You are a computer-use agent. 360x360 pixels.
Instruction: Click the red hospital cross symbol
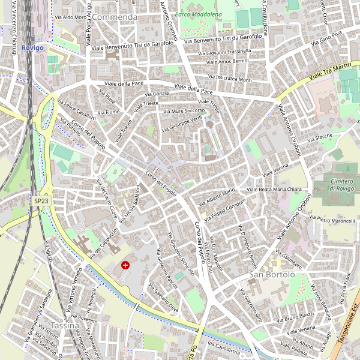[125, 265]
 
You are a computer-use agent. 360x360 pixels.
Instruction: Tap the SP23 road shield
[41, 202]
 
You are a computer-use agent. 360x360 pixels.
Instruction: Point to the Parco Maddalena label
[198, 14]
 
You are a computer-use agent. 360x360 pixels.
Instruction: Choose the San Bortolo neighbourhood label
[272, 274]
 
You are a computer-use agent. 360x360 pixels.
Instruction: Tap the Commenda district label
[115, 17]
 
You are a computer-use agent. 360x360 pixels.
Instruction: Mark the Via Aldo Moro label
[71, 17]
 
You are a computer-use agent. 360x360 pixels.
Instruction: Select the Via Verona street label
[277, 170]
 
